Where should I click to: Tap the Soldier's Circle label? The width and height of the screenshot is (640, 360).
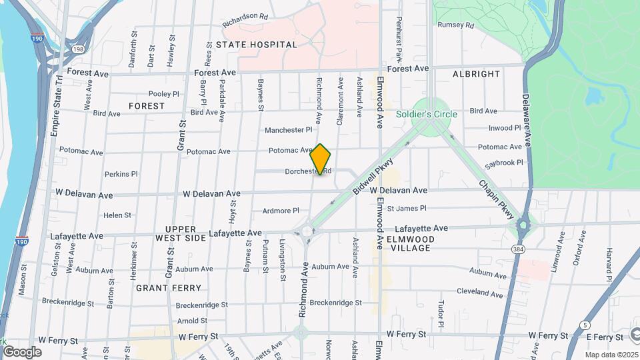pyautogui.click(x=427, y=114)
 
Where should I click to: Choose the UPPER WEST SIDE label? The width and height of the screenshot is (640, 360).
pyautogui.click(x=181, y=233)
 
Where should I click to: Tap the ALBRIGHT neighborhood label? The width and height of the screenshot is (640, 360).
pyautogui.click(x=476, y=73)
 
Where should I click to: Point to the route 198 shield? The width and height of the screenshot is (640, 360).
pyautogui.click(x=79, y=49)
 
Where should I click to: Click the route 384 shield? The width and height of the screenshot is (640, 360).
pyautogui.click(x=518, y=249)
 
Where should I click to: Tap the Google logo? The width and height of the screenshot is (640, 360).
pyautogui.click(x=22, y=351)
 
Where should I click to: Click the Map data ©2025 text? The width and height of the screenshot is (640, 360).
pyautogui.click(x=611, y=355)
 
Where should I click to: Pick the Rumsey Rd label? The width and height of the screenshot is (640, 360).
pyautogui.click(x=455, y=25)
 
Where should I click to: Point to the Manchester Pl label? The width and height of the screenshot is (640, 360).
pyautogui.click(x=288, y=130)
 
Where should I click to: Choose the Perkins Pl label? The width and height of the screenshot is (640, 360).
pyautogui.click(x=121, y=174)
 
